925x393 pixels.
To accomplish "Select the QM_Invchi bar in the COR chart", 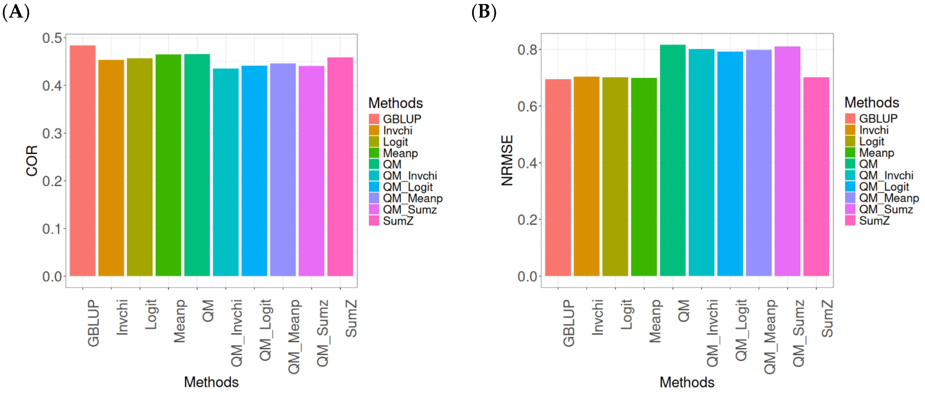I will [225, 172].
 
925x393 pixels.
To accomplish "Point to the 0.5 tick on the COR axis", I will [52, 38].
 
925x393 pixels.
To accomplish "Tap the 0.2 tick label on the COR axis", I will [52, 181].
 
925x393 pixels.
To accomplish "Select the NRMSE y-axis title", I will [507, 160].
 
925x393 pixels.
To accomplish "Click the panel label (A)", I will [16, 12].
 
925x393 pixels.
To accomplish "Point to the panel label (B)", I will [484, 12].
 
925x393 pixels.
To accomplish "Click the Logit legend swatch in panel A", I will [374, 142].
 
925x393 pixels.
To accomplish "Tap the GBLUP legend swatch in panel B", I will [850, 118].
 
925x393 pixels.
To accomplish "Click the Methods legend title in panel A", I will [395, 103].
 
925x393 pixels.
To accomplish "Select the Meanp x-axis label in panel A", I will [179, 321].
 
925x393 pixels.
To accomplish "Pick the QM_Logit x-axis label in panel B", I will [741, 330].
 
